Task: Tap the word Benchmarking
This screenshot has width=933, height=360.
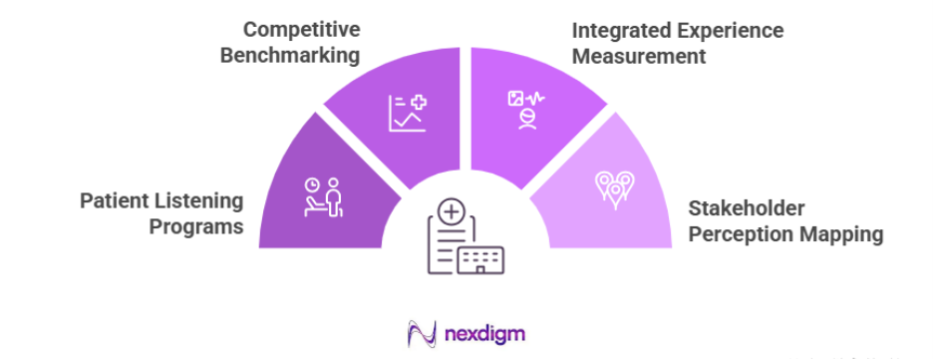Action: point(290,55)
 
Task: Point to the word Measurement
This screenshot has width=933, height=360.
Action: point(638,56)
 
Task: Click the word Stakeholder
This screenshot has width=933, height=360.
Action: point(747,208)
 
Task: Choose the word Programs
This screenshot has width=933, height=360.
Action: point(196,227)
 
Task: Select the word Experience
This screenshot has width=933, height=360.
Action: point(733,30)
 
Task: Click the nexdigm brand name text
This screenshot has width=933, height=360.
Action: point(485,333)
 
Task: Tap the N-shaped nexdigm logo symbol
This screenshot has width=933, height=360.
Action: point(423,333)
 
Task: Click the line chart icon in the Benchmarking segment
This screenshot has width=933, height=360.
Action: point(408,113)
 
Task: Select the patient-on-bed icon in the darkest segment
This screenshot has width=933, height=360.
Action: point(323,197)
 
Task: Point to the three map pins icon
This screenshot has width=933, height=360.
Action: point(614,185)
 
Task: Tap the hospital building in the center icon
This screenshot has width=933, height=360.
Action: point(480,259)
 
